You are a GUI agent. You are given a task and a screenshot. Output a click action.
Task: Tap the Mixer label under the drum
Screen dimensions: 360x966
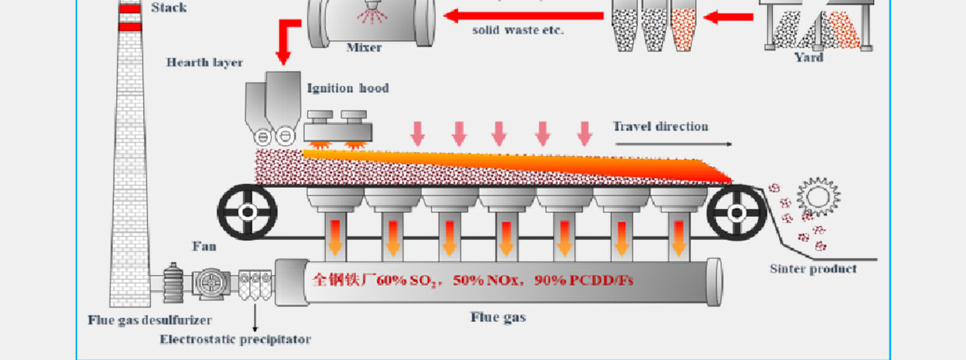[364, 48]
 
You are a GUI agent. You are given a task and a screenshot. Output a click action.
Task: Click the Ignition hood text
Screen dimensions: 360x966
[347, 88]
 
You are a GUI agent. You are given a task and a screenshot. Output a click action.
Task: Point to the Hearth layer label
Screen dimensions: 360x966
[204, 62]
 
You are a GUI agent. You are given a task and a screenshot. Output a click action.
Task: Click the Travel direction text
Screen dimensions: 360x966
[661, 126]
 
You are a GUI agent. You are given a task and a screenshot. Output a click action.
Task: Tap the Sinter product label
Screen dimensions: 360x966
[813, 269]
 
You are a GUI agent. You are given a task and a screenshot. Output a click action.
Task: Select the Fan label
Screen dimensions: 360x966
[204, 247]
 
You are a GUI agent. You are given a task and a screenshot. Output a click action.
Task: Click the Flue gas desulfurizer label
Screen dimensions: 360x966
[150, 320]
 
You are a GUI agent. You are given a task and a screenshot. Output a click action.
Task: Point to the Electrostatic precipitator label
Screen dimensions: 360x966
[235, 339]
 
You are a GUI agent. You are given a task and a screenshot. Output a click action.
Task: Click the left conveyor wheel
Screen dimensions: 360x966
[247, 211]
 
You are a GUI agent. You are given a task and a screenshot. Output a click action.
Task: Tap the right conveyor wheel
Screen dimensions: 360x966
[736, 211]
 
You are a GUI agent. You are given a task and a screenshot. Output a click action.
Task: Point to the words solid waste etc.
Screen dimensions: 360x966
[518, 31]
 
